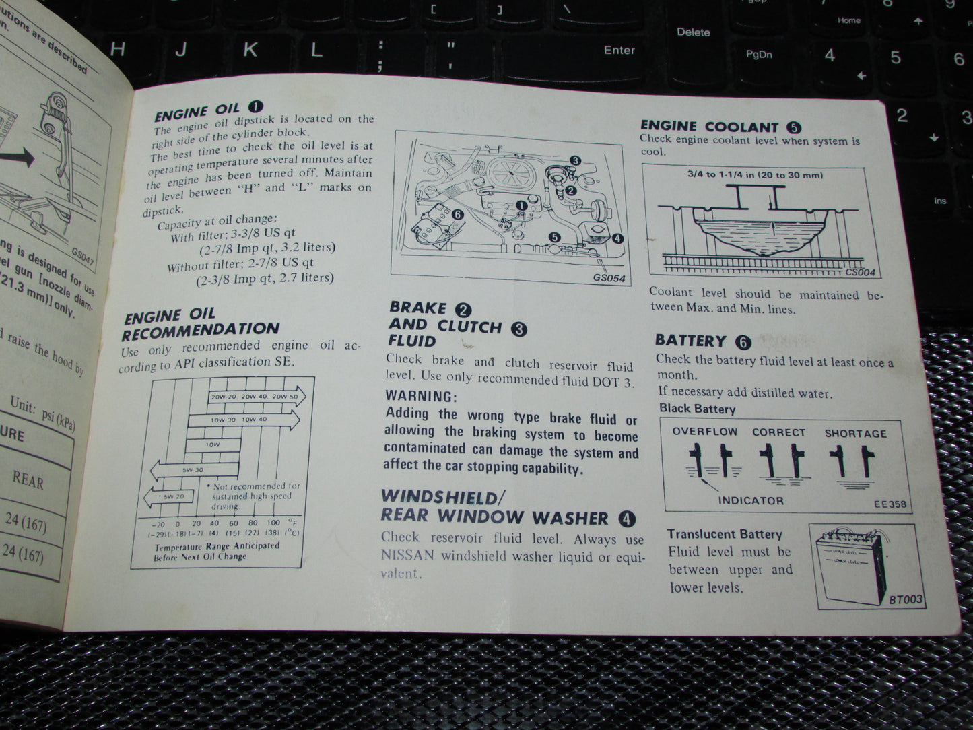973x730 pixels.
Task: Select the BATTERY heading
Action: (690, 341)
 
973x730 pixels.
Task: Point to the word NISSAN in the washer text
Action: (407, 556)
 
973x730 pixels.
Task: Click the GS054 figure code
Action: (609, 277)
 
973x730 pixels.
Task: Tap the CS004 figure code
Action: (860, 273)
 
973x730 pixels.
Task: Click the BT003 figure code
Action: (905, 599)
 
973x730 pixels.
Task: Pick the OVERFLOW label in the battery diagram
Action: (704, 432)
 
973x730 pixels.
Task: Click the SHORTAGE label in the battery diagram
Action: (855, 434)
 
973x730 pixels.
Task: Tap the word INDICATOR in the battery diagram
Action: (750, 500)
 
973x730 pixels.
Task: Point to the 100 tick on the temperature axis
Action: (273, 523)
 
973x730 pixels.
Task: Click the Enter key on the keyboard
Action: (619, 50)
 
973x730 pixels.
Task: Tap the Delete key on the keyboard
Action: (693, 32)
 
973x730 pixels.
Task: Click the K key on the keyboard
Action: (250, 49)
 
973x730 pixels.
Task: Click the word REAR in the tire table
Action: (28, 481)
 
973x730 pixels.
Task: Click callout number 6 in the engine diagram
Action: (458, 213)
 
